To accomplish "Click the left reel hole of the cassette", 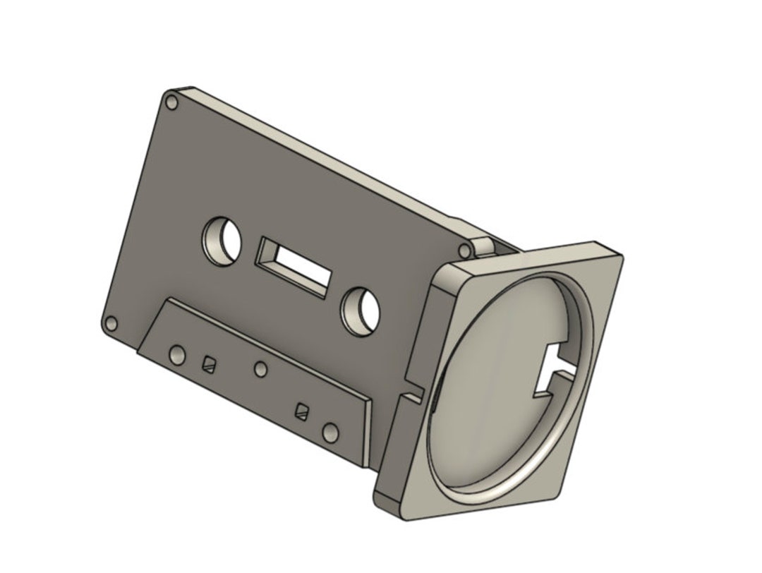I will click(x=222, y=241).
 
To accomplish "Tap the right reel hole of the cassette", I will click(x=361, y=311).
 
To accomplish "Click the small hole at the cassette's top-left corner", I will click(x=171, y=103).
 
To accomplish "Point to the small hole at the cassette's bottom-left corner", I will click(x=110, y=324).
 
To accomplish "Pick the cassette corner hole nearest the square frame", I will click(x=464, y=251).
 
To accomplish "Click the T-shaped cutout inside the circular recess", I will click(x=557, y=366).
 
